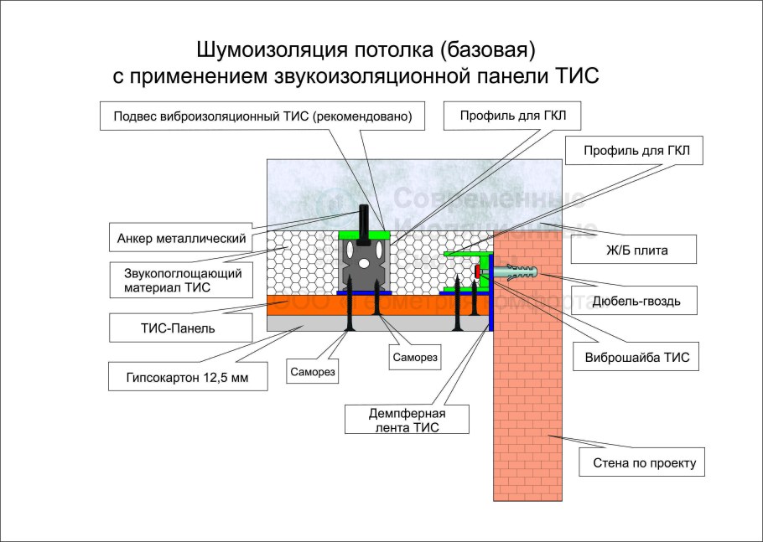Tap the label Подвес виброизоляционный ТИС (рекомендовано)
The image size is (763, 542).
click(x=262, y=116)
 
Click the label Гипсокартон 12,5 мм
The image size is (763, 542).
click(x=188, y=377)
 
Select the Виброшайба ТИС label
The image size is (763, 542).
click(x=642, y=357)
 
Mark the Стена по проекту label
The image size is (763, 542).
click(x=642, y=462)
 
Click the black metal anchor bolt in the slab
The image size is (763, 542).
click(x=364, y=219)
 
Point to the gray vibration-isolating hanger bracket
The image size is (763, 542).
click(x=365, y=264)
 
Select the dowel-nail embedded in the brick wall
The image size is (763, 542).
click(x=513, y=273)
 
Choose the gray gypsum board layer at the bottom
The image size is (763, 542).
click(x=302, y=323)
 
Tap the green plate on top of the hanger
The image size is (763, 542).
click(x=365, y=234)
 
